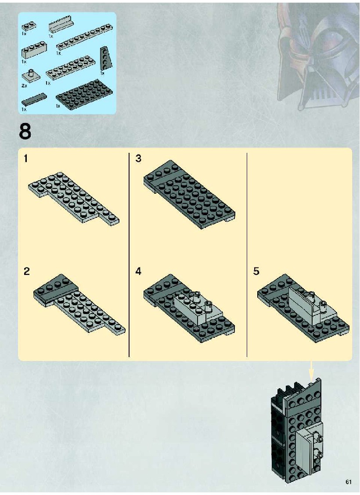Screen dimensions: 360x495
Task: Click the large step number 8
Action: (25, 131)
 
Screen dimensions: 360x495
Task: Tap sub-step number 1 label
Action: (26, 158)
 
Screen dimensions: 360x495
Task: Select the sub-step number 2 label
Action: (26, 271)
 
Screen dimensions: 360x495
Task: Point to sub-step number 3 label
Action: (138, 158)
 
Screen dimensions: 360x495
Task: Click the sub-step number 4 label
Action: (138, 271)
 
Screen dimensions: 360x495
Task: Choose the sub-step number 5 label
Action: (256, 271)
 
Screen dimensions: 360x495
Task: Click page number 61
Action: (348, 482)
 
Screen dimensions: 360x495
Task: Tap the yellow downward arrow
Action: (312, 371)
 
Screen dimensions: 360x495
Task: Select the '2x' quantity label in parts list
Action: (24, 86)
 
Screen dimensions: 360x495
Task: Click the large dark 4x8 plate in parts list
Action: (84, 95)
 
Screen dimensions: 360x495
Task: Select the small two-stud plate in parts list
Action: (29, 26)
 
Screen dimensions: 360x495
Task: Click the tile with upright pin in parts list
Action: (31, 76)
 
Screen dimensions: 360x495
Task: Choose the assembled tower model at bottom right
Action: (297, 431)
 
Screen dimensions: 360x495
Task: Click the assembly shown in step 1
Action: (74, 198)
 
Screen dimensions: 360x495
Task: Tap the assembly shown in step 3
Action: (189, 194)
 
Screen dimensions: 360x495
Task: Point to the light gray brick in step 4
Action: (198, 308)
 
